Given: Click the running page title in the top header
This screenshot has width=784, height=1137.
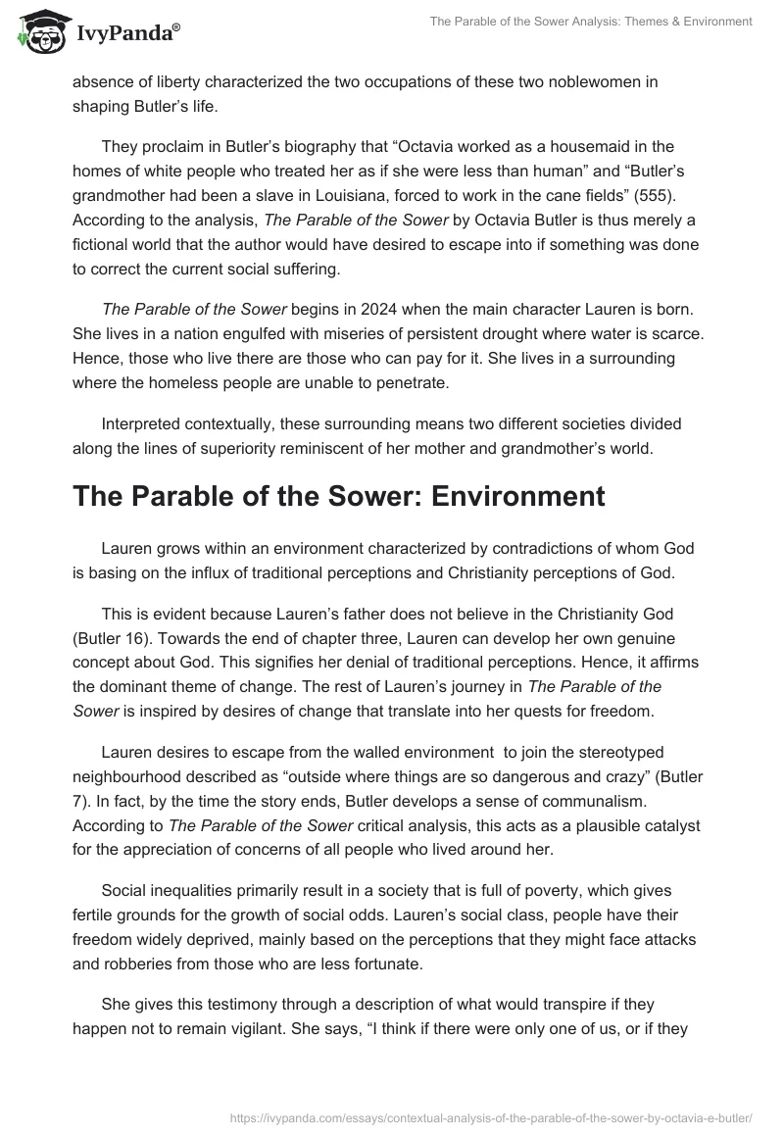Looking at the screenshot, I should point(591,22).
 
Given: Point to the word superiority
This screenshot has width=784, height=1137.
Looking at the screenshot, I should point(291,447).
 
